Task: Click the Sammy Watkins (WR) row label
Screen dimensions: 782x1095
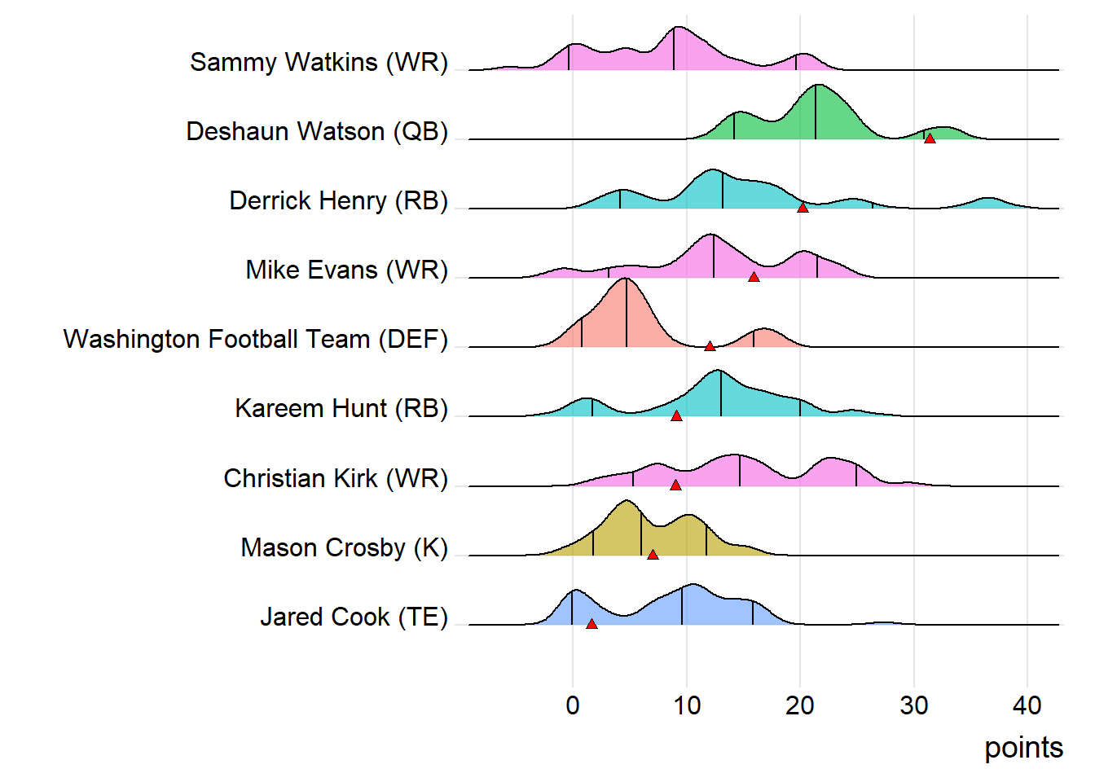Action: point(319,62)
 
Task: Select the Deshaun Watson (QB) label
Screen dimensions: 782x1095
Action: point(317,131)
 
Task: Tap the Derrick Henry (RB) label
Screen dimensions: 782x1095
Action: point(338,200)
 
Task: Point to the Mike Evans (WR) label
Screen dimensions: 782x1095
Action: point(346,270)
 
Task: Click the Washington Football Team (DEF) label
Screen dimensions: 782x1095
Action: point(255,339)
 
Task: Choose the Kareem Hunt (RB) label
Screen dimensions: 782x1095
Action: point(341,408)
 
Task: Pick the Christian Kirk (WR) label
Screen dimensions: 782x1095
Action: point(336,478)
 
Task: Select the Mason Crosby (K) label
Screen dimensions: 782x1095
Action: point(344,547)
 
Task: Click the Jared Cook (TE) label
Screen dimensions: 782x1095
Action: point(354,617)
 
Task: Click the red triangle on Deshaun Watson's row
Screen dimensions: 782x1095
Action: point(930,138)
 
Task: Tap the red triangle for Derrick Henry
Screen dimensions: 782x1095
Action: point(803,208)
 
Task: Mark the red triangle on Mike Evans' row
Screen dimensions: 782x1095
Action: point(754,277)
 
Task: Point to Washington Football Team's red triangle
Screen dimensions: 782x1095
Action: point(710,346)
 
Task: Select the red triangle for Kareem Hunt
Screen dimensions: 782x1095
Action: point(676,415)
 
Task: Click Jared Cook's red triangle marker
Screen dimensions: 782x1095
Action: point(591,624)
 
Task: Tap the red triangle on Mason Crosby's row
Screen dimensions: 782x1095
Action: point(653,555)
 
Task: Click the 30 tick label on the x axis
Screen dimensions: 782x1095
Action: point(913,705)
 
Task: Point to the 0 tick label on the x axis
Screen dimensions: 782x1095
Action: point(573,705)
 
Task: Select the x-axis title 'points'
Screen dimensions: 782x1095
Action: point(1023,748)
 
